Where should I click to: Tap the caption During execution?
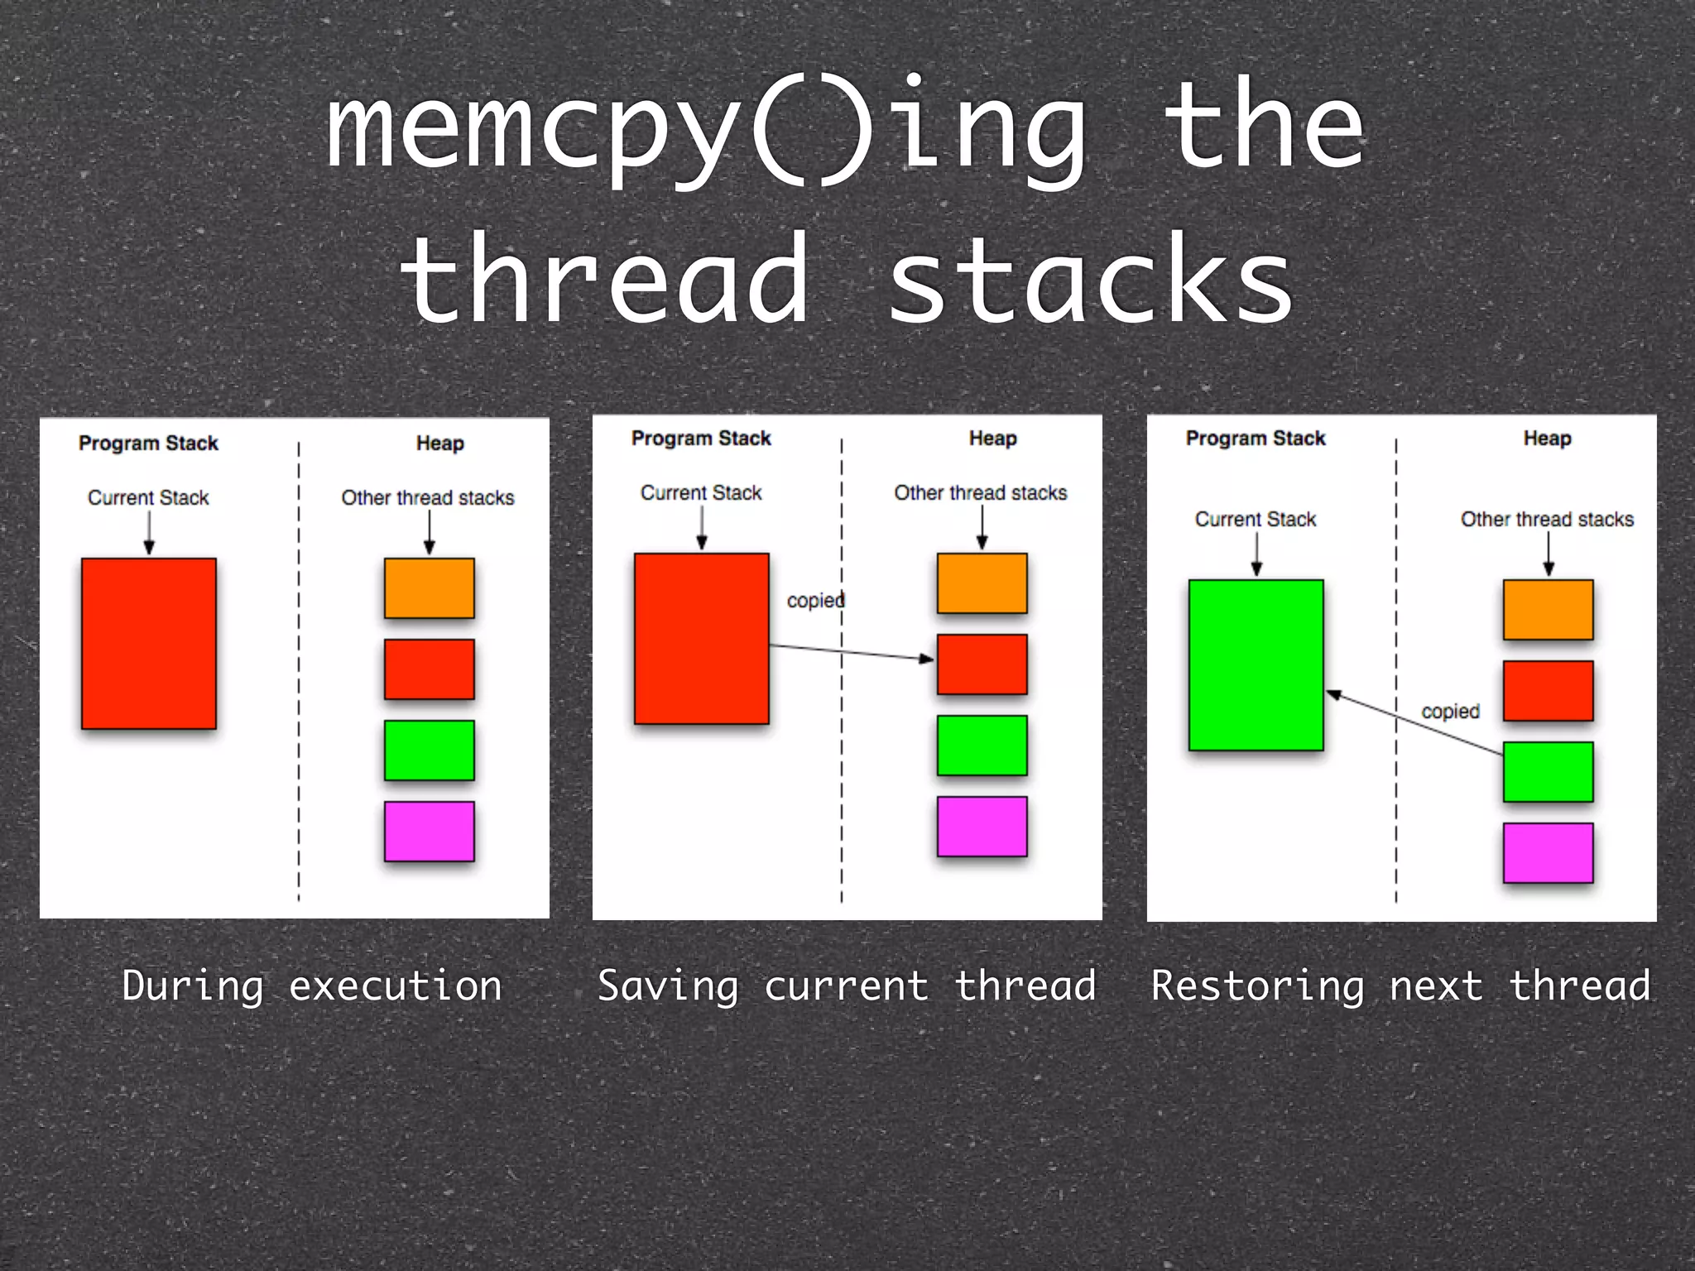point(312,986)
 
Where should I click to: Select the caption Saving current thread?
point(847,986)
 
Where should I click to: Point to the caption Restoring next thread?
point(1400,986)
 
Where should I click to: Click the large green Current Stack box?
point(1256,665)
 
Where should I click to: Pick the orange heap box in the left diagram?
point(429,588)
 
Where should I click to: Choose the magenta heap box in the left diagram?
point(429,831)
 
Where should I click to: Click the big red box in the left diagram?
point(149,644)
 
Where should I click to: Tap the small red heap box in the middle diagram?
point(982,664)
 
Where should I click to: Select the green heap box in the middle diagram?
point(982,746)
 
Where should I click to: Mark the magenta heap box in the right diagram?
point(1548,852)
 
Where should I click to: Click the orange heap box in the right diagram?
point(1548,610)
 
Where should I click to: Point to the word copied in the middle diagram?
point(815,601)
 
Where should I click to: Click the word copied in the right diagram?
point(1450,712)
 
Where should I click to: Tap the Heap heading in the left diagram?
point(439,444)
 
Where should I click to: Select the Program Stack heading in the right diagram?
point(1256,439)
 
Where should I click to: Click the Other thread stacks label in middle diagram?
point(981,493)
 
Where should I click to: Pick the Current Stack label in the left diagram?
point(149,498)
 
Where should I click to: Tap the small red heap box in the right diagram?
point(1548,691)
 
